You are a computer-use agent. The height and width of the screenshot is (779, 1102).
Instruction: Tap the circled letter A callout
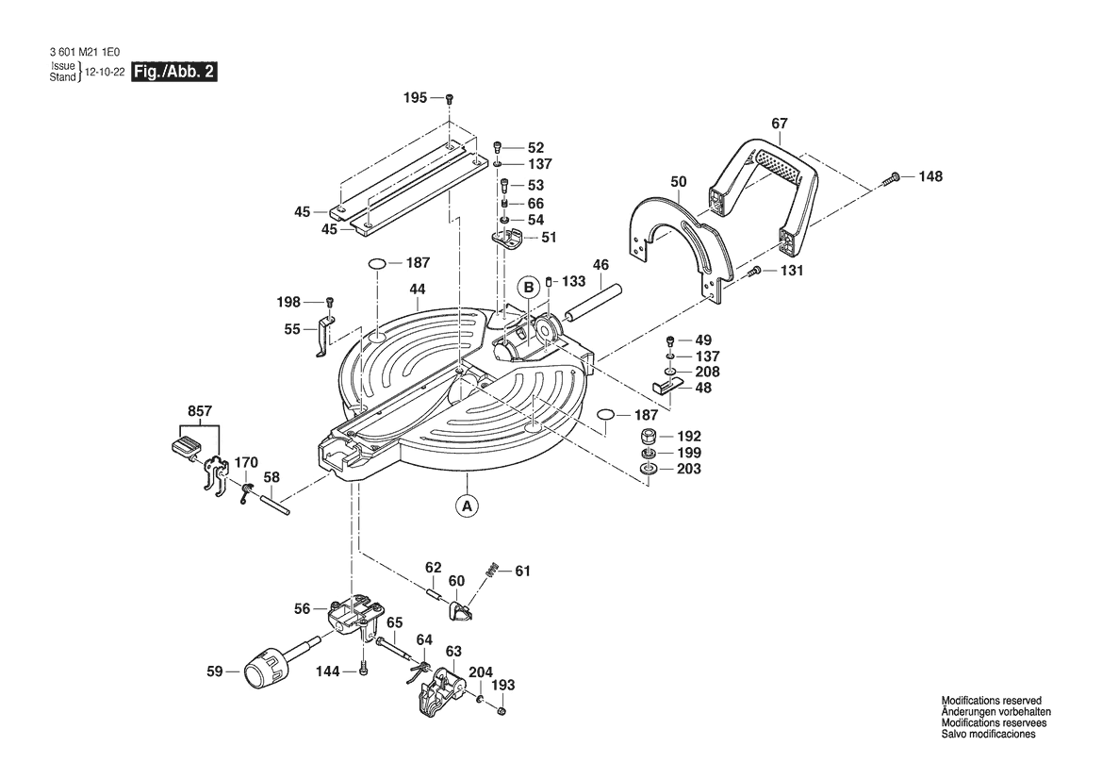(x=466, y=505)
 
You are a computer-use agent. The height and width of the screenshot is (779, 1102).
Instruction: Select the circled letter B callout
(x=528, y=287)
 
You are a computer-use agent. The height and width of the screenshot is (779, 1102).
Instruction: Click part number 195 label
(x=415, y=98)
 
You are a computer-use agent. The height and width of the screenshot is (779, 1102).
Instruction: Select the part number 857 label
(x=200, y=411)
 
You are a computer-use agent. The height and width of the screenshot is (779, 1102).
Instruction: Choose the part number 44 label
(x=418, y=289)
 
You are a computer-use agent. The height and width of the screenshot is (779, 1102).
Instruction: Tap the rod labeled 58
(x=274, y=506)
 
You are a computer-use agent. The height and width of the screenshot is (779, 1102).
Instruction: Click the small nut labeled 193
(x=502, y=711)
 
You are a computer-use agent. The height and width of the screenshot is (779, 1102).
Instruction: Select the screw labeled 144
(x=363, y=670)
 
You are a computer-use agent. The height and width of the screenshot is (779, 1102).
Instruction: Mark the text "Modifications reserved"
(x=992, y=701)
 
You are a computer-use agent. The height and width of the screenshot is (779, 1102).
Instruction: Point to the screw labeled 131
(x=754, y=272)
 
